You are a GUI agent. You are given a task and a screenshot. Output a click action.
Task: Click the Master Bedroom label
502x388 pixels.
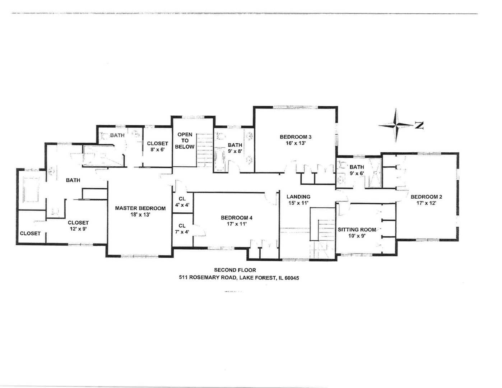(140, 208)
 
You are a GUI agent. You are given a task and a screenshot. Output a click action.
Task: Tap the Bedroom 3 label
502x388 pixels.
(295, 137)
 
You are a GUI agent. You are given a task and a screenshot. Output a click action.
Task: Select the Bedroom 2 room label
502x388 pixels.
(426, 197)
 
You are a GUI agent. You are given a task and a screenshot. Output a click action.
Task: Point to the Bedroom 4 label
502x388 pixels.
(236, 218)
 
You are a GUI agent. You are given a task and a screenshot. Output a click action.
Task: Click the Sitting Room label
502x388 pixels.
(357, 230)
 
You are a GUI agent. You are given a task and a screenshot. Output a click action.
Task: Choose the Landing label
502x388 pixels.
(298, 197)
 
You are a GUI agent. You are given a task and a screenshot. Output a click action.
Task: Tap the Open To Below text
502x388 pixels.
(185, 140)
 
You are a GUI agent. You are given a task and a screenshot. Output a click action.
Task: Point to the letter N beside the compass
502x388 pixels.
(419, 125)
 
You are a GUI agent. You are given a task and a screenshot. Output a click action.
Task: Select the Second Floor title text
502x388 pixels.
(235, 270)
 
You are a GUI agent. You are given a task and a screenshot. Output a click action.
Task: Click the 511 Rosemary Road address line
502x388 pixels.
(239, 278)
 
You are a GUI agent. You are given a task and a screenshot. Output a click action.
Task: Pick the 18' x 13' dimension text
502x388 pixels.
(140, 215)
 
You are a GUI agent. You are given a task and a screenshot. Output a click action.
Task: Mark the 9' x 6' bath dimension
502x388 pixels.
(357, 173)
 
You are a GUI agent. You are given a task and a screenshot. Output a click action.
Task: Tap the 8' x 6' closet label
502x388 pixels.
(157, 149)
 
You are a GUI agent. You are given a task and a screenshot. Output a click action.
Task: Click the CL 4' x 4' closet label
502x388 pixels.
(182, 202)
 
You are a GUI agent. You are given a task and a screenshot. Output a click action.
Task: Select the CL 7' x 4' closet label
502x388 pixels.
(182, 229)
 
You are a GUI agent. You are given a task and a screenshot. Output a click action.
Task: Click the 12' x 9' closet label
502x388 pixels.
(78, 229)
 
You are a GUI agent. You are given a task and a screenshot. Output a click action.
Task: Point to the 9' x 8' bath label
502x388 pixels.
(235, 151)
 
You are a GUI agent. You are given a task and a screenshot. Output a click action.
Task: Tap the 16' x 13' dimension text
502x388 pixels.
(295, 143)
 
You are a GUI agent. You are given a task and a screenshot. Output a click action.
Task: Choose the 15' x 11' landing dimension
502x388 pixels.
(298, 203)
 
